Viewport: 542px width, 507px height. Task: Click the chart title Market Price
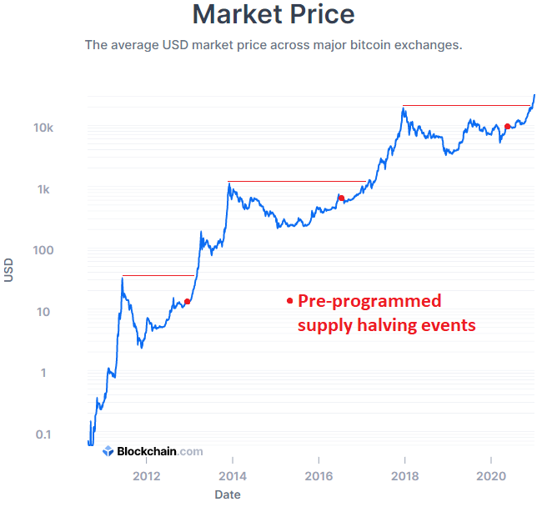coord(273,14)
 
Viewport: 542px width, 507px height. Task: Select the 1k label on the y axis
coord(46,189)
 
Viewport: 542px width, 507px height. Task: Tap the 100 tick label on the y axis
coord(43,250)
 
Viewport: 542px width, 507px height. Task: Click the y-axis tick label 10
coord(47,312)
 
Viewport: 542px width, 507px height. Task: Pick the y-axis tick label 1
coord(50,373)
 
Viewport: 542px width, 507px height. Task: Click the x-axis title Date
coord(228,495)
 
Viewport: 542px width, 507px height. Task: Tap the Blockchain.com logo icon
coord(108,451)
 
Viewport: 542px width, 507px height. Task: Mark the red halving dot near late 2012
coord(187,301)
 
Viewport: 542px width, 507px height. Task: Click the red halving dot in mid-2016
coord(341,198)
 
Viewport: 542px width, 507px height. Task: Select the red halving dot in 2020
coord(507,127)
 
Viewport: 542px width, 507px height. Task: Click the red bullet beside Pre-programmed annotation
coord(289,300)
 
